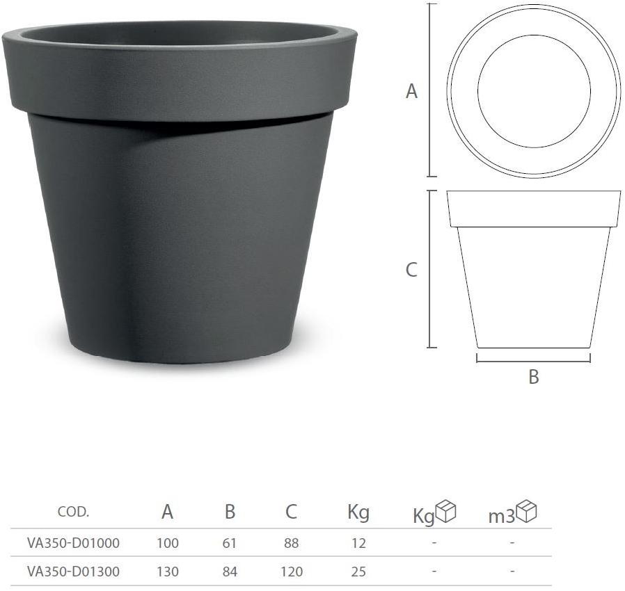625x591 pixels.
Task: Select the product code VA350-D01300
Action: click(73, 572)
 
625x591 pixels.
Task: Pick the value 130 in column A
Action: click(168, 572)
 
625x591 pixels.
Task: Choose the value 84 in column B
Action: click(230, 572)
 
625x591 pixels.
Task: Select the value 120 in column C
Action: click(292, 572)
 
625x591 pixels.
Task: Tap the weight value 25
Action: click(358, 572)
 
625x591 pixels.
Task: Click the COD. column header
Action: click(73, 512)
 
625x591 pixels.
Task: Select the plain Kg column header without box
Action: click(358, 513)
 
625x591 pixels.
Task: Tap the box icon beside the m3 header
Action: click(527, 511)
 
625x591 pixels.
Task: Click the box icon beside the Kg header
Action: click(445, 511)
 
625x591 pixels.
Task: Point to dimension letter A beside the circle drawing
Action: click(412, 91)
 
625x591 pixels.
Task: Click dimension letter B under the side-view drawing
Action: click(534, 378)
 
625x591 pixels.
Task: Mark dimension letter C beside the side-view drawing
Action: click(411, 270)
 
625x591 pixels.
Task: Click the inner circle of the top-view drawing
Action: click(534, 91)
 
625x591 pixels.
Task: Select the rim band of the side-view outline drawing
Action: click(534, 209)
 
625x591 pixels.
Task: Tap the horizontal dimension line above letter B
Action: click(534, 362)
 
